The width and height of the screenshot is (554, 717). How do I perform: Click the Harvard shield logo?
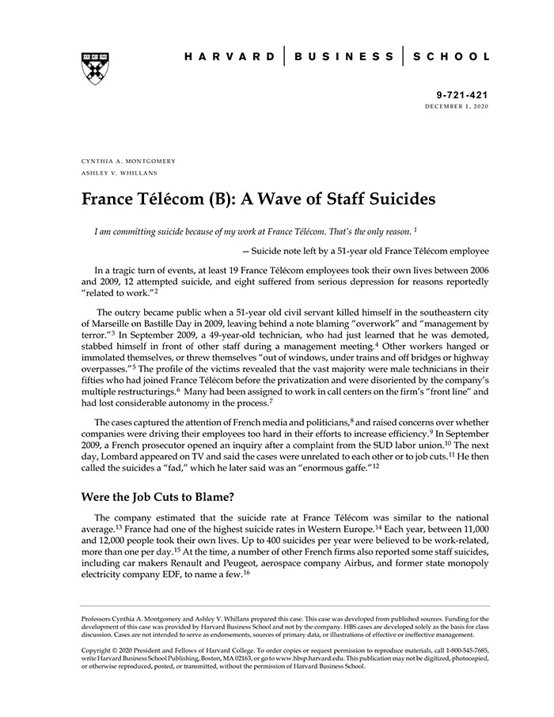pyautogui.click(x=95, y=68)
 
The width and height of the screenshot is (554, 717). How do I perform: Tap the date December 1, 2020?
pyautogui.click(x=457, y=105)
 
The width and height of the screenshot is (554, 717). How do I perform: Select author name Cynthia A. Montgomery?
pyautogui.click(x=128, y=161)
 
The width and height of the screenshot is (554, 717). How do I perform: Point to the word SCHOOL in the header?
pyautogui.click(x=451, y=57)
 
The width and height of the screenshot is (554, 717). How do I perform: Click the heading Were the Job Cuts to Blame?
pyautogui.click(x=159, y=497)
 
